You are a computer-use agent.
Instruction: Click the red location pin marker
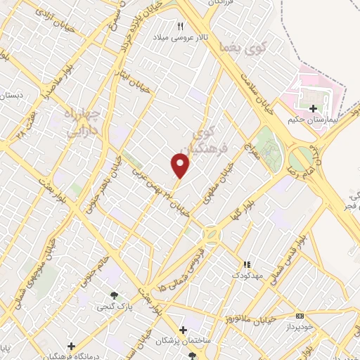181,165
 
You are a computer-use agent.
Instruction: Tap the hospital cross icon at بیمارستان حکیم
313,108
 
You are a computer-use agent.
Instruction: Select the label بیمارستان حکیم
313,120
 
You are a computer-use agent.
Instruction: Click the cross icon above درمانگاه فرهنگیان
71,346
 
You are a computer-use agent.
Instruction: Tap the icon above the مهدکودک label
246,264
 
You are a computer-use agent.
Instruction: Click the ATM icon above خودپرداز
300,316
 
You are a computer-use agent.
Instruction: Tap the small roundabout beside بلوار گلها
210,233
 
